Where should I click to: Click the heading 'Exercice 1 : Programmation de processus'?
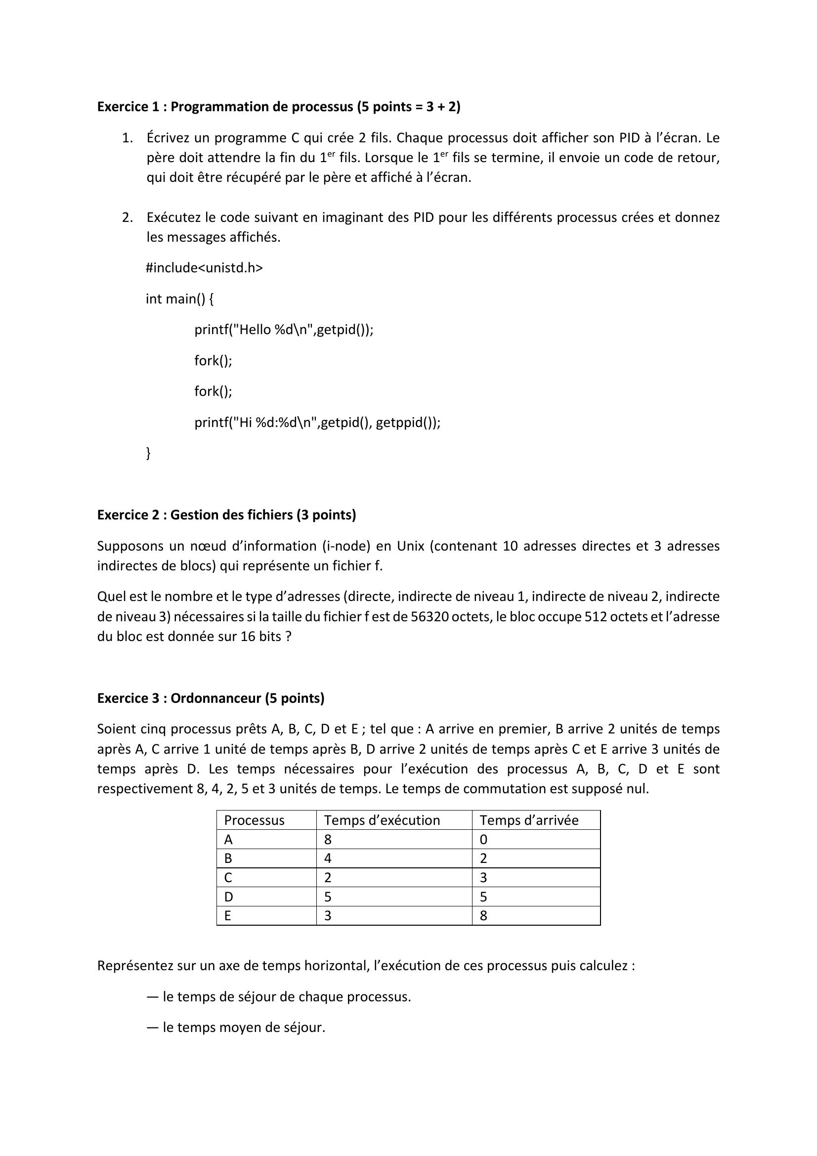(x=278, y=107)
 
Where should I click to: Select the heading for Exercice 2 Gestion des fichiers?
(x=226, y=514)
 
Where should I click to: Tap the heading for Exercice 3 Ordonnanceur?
(x=211, y=698)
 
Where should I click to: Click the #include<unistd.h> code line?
(x=204, y=268)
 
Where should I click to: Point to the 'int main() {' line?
(x=179, y=299)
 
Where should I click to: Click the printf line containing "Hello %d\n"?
(x=283, y=330)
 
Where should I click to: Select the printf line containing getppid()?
(x=317, y=423)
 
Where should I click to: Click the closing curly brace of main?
(x=148, y=453)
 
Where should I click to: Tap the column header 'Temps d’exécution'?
(x=382, y=820)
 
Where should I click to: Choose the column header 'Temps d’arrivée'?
(x=528, y=820)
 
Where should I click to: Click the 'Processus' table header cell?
(x=254, y=820)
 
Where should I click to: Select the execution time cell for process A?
(x=328, y=839)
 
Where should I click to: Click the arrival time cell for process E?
(x=483, y=916)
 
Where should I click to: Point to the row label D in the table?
(x=228, y=897)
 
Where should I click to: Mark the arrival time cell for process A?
(x=483, y=839)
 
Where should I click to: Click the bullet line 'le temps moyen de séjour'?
(x=244, y=1027)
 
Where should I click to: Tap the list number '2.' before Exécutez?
(x=128, y=217)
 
